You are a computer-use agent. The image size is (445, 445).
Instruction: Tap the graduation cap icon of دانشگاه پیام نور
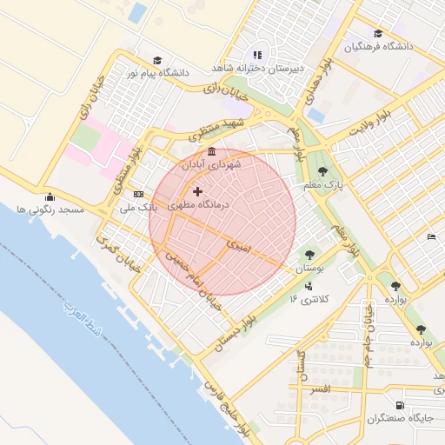point(157,60)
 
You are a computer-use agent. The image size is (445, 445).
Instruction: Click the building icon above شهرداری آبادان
point(212,151)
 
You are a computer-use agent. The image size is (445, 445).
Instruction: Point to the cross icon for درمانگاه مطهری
point(198,191)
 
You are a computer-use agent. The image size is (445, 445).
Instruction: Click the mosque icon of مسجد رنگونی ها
point(49,196)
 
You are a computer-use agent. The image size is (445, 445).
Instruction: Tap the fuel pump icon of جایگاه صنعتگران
point(399,405)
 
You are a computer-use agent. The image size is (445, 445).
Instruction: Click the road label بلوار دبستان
point(239,337)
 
